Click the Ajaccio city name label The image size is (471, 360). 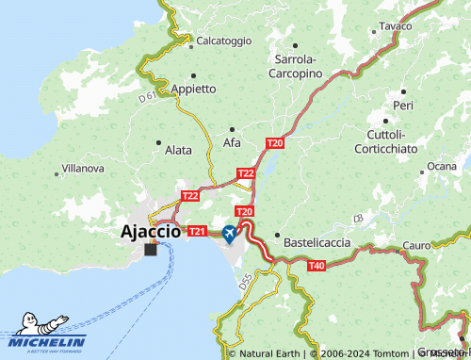(x=151, y=230)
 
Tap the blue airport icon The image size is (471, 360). (x=231, y=233)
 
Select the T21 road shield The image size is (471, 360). (x=197, y=231)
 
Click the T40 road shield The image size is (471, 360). (x=317, y=267)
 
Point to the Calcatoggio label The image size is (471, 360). (x=224, y=41)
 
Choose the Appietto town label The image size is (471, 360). (x=194, y=89)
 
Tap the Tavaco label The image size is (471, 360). (x=397, y=26)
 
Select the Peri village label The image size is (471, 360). (x=404, y=106)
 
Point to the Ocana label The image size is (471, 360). (x=441, y=167)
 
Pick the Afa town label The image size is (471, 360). (x=232, y=142)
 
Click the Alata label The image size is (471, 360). (x=178, y=150)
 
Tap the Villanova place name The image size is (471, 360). (x=83, y=169)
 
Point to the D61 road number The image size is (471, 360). (x=147, y=96)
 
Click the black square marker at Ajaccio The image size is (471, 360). (x=151, y=249)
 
